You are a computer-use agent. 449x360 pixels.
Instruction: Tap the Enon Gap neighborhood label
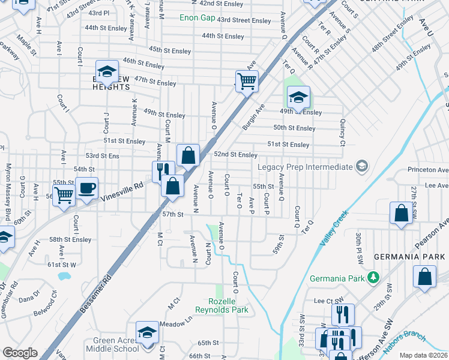pos(197,18)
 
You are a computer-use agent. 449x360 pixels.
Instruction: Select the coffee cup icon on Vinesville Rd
pos(86,189)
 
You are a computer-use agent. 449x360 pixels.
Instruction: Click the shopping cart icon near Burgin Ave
pos(247,80)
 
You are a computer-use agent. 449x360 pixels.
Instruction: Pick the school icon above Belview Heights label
pos(107,71)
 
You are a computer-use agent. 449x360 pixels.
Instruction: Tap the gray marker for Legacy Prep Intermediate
pos(361,166)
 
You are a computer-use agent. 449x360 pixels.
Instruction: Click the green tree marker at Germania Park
pos(373,278)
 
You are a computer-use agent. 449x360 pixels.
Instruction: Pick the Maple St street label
pos(26,44)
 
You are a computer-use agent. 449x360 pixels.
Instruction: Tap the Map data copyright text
pos(424,355)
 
